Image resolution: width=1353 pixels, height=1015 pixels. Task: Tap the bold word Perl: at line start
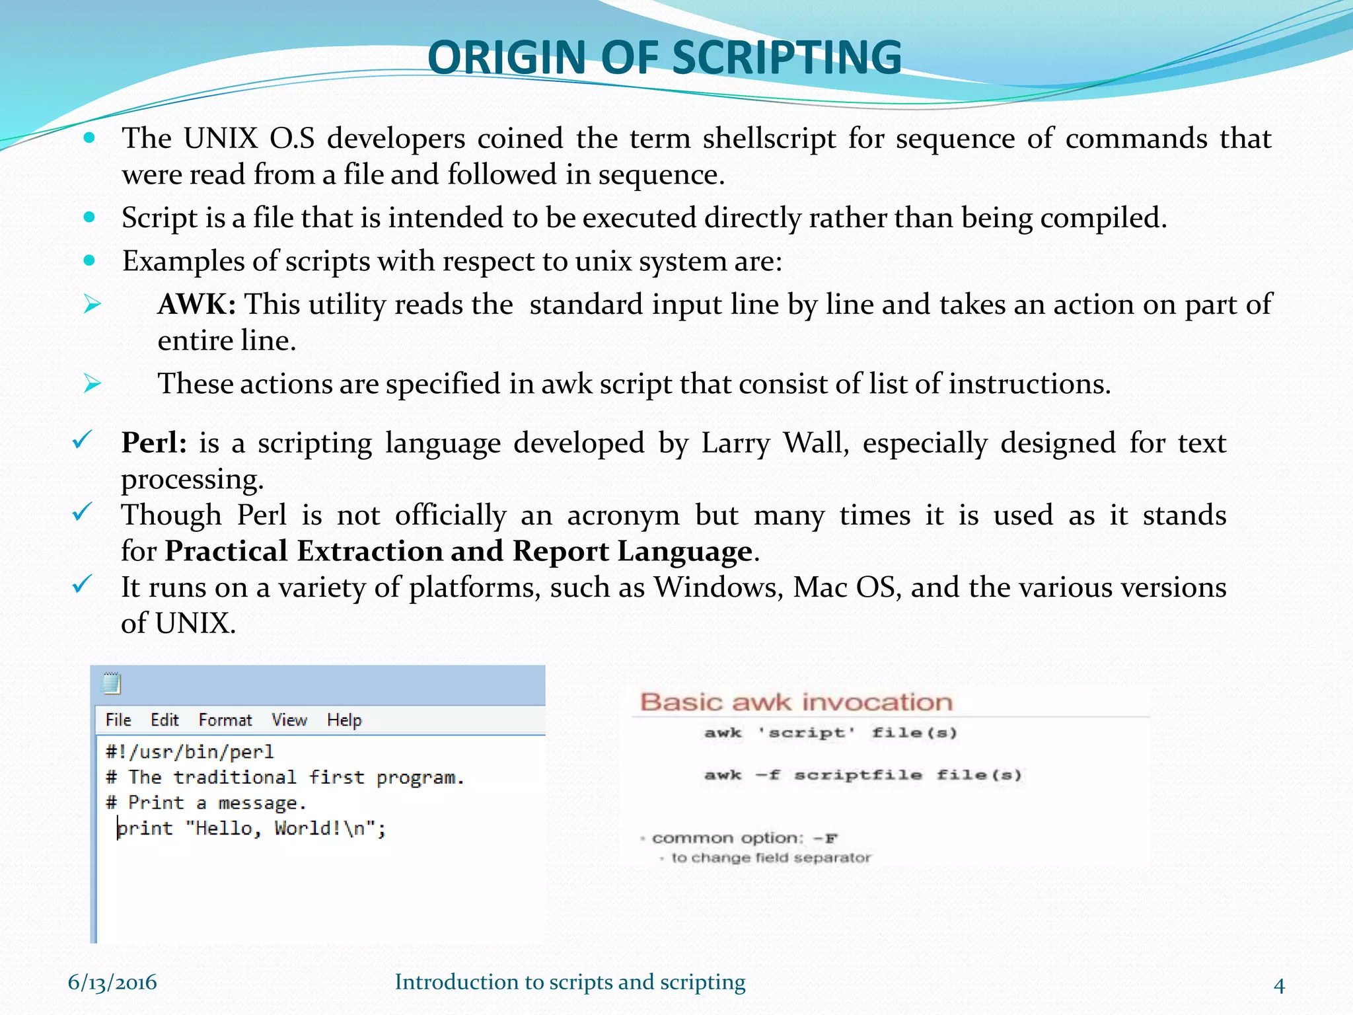154,443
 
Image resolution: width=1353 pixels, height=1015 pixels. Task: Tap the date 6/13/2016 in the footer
112,983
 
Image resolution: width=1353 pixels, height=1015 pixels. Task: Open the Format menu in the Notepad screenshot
225,720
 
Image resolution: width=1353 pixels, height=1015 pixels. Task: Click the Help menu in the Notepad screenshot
344,720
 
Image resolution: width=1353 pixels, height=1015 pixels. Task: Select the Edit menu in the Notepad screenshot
165,720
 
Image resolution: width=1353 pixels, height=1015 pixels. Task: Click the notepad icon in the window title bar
112,683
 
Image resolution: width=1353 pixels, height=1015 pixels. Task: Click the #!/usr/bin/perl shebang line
190,752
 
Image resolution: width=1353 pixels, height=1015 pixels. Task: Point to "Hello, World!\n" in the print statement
280,829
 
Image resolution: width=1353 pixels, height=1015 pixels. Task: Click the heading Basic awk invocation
796,702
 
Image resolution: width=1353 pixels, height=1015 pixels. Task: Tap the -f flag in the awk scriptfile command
768,775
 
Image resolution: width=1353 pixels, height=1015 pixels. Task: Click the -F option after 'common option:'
825,839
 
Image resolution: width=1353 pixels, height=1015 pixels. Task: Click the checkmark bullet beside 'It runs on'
81,583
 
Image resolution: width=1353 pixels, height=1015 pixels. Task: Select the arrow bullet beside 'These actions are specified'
92,383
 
